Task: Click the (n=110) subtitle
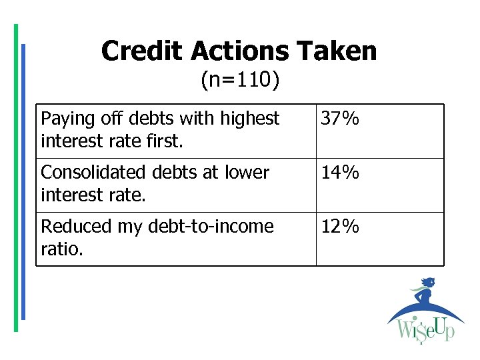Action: point(240,81)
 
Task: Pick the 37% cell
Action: point(340,119)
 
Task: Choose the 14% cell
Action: point(340,173)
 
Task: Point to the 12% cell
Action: point(340,227)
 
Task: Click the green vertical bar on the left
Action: point(16,177)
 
